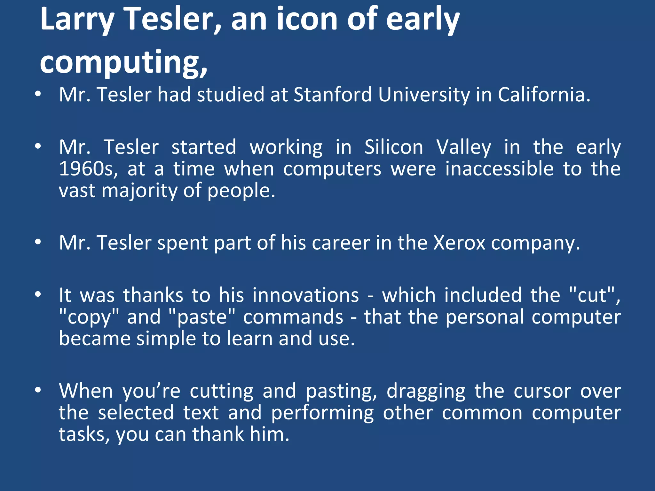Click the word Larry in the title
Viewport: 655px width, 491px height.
[77, 20]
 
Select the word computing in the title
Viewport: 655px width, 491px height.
[123, 62]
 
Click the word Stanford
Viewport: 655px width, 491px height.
[333, 95]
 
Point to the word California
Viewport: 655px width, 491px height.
[544, 95]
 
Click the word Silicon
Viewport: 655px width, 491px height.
[394, 147]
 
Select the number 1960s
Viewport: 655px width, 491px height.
[88, 169]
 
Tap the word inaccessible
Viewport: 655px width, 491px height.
[499, 169]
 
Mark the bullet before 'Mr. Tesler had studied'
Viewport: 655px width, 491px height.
[38, 94]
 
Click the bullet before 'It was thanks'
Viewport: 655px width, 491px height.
[38, 294]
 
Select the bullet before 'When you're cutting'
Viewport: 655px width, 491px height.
[38, 390]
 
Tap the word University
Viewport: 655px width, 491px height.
[424, 95]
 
